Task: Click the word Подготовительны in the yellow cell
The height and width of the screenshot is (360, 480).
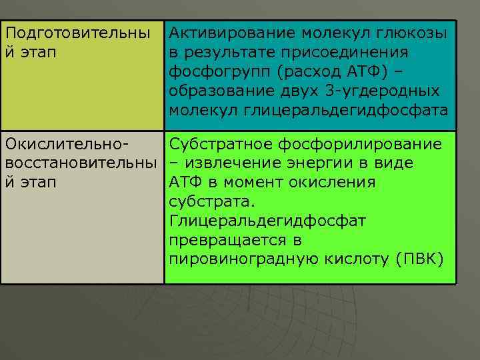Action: (76, 32)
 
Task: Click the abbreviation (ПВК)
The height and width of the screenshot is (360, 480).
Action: (419, 259)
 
